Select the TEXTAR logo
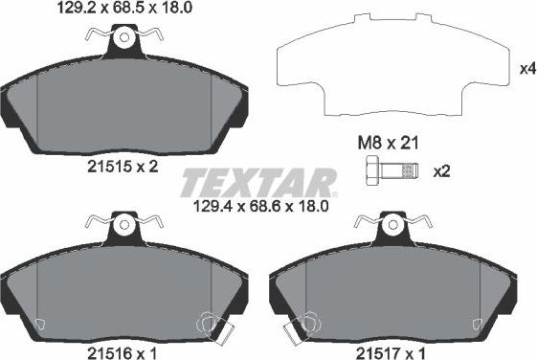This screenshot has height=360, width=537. pyautogui.click(x=258, y=181)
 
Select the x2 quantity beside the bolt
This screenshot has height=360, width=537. pyautogui.click(x=442, y=172)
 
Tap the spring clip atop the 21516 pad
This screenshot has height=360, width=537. pyautogui.click(x=123, y=226)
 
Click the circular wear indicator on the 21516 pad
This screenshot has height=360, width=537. pyautogui.click(x=212, y=324)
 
